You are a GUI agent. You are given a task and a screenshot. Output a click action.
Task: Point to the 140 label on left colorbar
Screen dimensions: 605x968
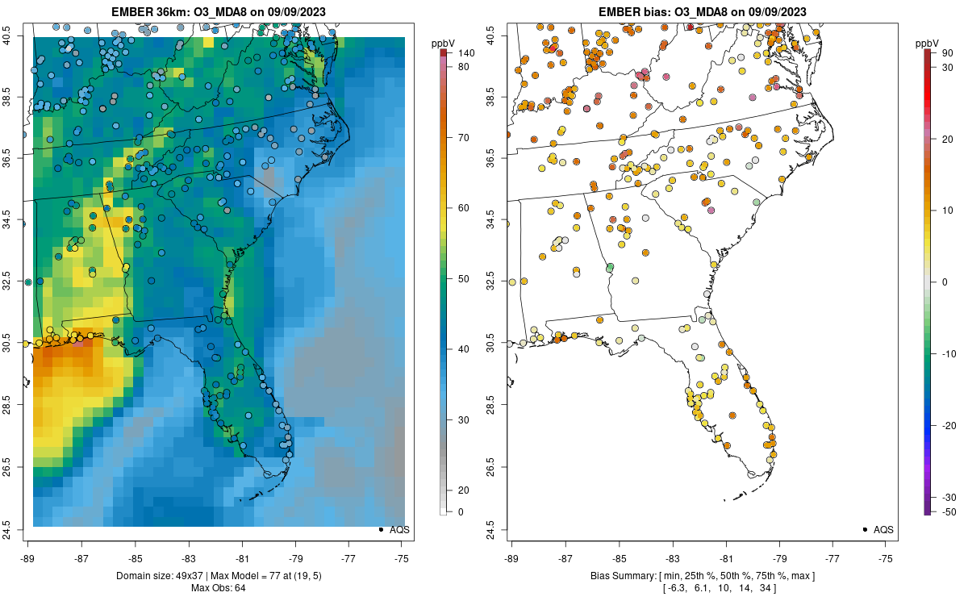[465, 52]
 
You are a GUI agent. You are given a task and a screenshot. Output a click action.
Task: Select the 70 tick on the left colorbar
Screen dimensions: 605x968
[464, 137]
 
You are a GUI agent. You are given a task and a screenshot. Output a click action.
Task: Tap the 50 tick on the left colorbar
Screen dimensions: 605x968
[464, 278]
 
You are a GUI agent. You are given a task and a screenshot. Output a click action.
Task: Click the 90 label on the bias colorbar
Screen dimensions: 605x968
[949, 52]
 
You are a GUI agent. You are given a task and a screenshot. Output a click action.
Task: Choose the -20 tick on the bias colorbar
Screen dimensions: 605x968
[947, 425]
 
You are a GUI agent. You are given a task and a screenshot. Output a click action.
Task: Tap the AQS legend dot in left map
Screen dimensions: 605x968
[381, 530]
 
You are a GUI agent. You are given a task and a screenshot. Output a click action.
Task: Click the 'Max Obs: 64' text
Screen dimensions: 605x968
[218, 588]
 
